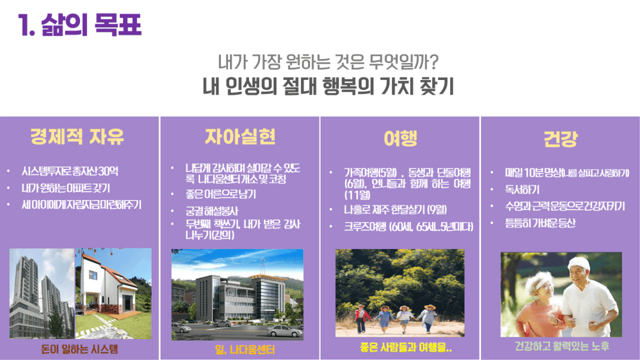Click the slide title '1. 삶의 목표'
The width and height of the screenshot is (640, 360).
tap(79, 25)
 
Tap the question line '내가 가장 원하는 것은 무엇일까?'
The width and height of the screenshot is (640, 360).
tap(328, 62)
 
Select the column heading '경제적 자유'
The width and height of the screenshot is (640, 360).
tap(77, 137)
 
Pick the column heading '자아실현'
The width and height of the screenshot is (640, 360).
tap(240, 136)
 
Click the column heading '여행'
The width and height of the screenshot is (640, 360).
tap(401, 138)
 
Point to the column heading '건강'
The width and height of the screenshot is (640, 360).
tap(561, 139)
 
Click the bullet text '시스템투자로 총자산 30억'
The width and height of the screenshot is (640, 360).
tap(70, 171)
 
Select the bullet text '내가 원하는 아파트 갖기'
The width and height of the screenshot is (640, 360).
tap(66, 188)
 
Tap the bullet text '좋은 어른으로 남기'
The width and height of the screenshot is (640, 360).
tap(221, 194)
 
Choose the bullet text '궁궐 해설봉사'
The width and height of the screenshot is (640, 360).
tap(212, 211)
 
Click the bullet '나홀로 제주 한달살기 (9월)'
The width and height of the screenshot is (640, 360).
tap(395, 209)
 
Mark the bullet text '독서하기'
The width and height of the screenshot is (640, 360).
tap(522, 189)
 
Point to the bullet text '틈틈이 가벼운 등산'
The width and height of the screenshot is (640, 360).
tap(540, 223)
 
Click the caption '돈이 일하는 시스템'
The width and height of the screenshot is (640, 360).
tap(79, 349)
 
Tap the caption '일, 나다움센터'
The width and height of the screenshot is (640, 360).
tap(245, 349)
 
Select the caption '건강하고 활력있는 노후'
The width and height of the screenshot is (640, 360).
tap(562, 346)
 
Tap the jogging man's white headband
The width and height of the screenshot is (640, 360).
tap(578, 263)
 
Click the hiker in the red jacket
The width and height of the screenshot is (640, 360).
tap(361, 318)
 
